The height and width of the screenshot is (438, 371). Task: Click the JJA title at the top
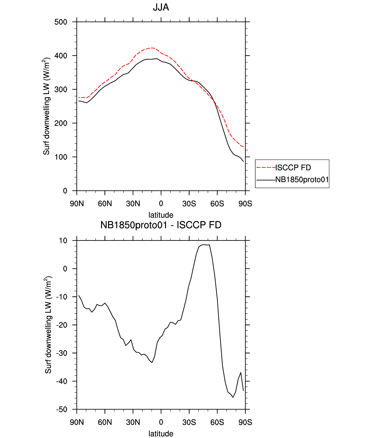161,7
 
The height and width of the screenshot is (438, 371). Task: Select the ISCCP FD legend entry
293,167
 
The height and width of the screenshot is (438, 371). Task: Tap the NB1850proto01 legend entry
302,180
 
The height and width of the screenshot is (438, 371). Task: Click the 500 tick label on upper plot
61,22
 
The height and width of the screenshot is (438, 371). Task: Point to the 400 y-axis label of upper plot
61,56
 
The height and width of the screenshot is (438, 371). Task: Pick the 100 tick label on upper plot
61,157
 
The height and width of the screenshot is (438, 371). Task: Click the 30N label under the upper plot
133,204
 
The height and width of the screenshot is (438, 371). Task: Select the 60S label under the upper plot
217,204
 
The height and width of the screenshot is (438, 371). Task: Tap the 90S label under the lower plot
245,422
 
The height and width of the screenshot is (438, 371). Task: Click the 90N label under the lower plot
77,422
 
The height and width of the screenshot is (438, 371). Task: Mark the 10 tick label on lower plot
63,241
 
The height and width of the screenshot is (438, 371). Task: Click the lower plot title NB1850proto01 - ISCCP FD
161,225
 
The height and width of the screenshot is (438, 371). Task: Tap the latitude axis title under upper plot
161,215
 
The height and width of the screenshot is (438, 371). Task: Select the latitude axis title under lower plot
161,434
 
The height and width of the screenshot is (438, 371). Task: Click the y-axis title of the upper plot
46,106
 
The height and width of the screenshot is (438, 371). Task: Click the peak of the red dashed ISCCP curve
152,48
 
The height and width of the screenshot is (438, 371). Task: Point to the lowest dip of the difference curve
233,397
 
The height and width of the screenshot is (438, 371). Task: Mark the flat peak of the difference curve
204,245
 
